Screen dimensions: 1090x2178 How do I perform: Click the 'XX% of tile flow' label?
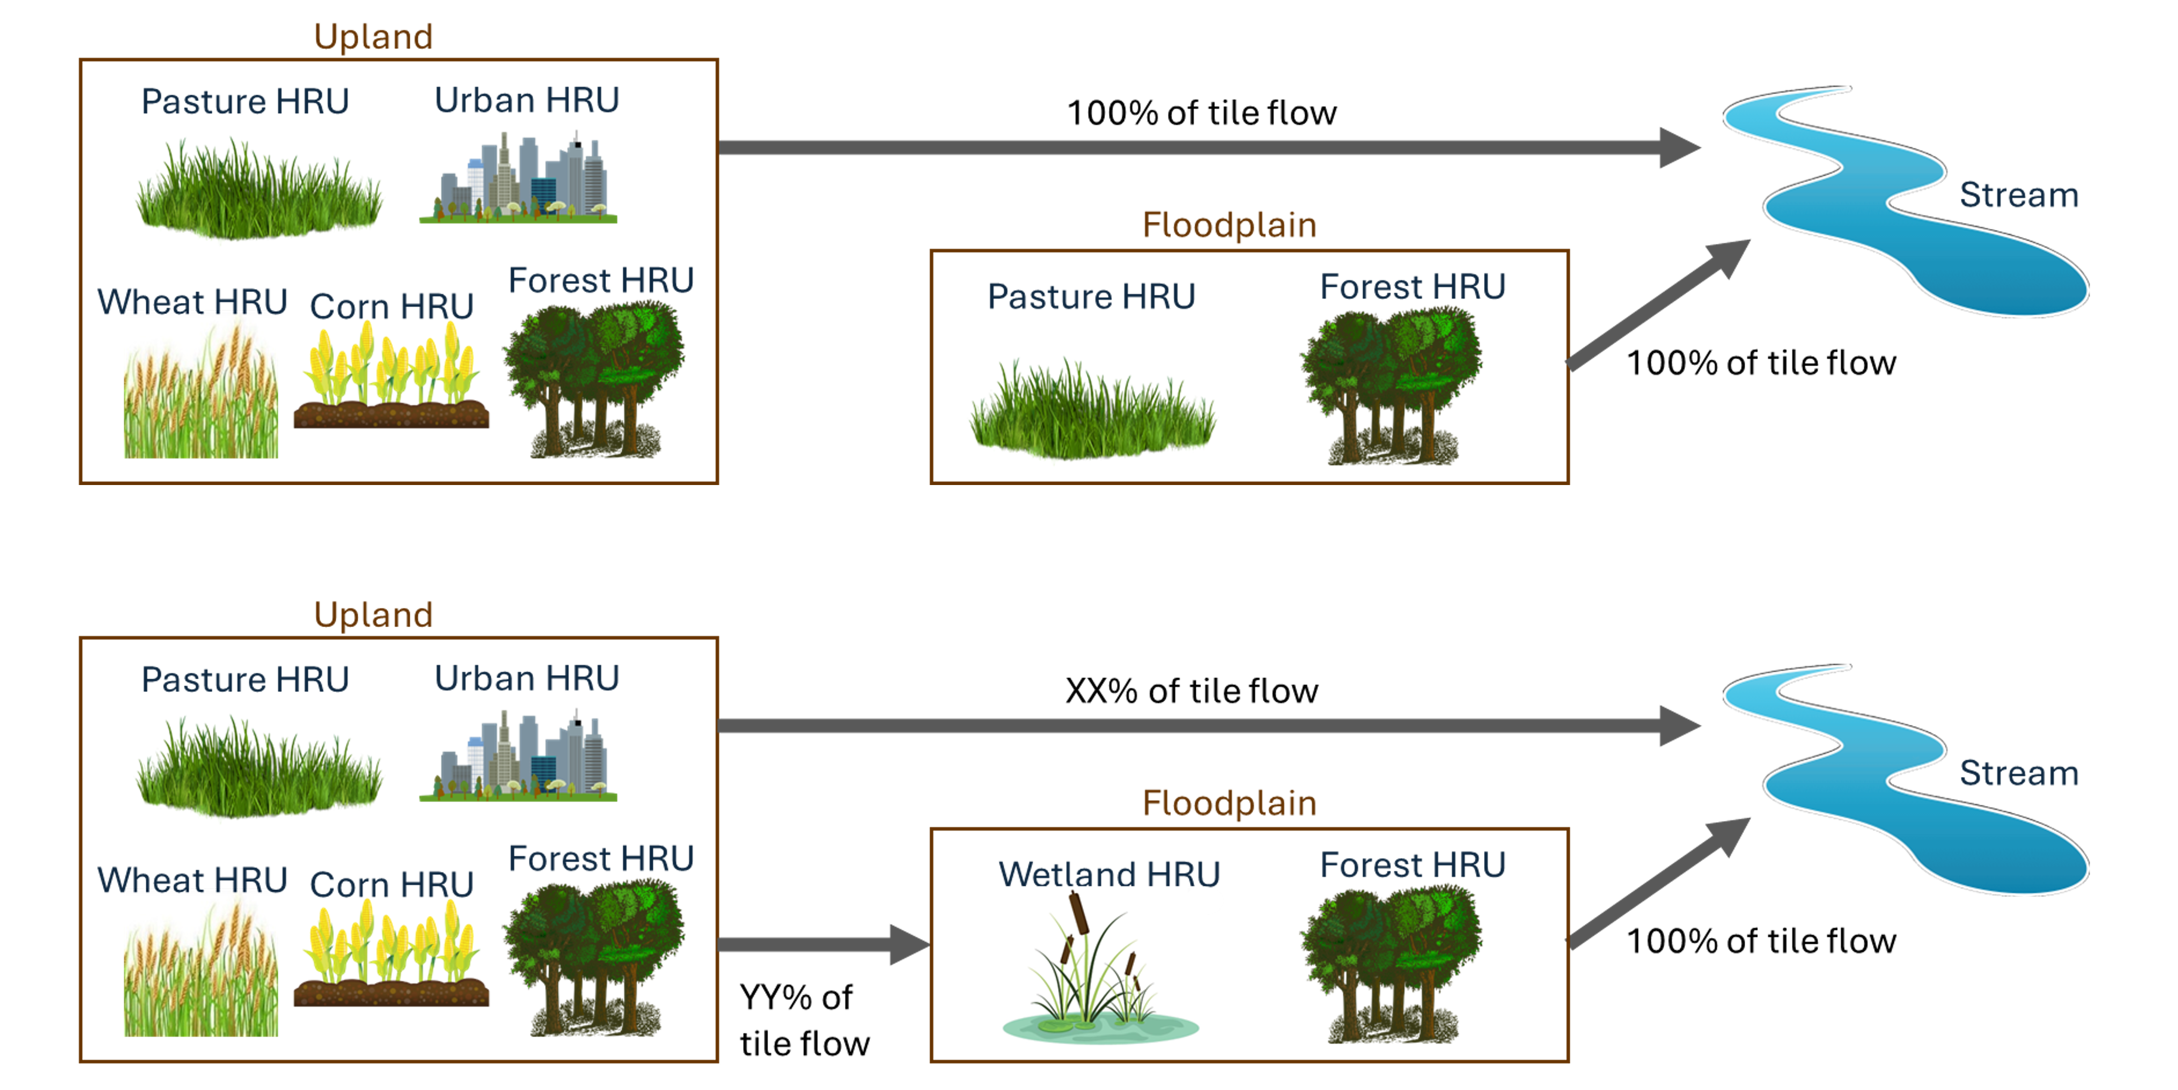(1191, 691)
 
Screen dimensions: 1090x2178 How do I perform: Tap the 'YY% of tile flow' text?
(803, 1020)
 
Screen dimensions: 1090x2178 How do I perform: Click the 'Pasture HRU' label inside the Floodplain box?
(1091, 296)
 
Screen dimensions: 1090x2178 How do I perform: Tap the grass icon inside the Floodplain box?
(1092, 410)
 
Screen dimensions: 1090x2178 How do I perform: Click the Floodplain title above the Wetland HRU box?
(1229, 802)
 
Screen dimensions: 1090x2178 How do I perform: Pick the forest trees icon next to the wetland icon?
(1391, 964)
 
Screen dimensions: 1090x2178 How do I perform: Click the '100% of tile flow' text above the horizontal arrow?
(1202, 113)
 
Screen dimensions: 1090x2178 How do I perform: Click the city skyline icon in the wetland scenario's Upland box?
(518, 757)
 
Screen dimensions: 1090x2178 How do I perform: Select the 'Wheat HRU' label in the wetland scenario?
(192, 880)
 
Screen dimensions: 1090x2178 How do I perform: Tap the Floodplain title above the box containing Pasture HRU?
(1229, 225)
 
